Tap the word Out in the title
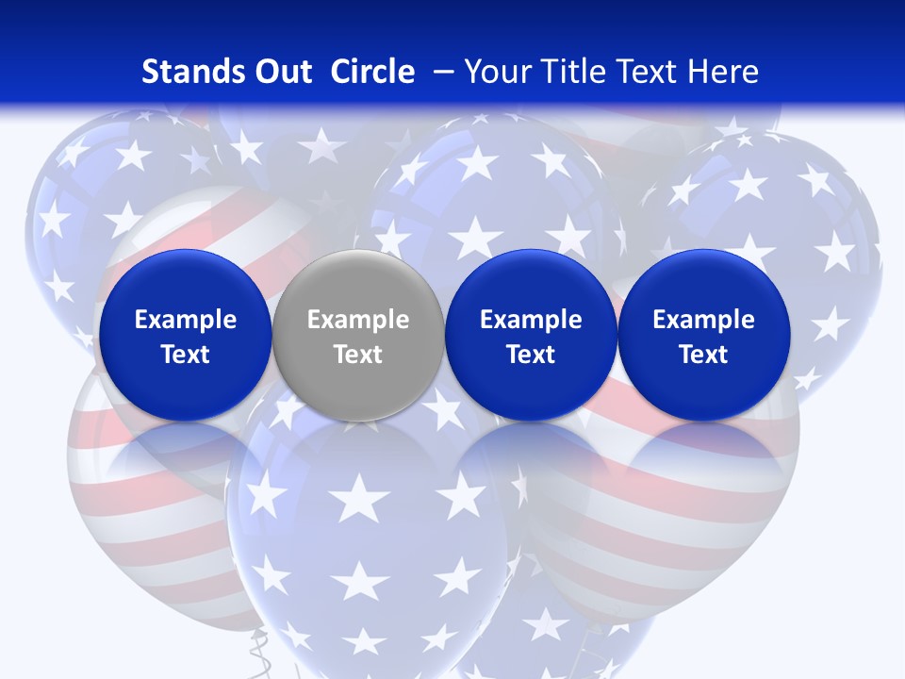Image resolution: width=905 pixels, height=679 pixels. point(280,72)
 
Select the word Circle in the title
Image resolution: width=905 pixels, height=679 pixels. point(372,72)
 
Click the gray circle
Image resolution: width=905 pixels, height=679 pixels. point(358,283)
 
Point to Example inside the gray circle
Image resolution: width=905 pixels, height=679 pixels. point(358,320)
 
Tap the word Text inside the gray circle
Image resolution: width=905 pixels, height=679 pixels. point(358,355)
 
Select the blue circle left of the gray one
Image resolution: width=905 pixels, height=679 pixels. point(185,283)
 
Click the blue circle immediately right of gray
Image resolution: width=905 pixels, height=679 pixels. point(531,283)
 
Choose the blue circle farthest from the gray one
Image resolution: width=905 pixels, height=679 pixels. point(704,283)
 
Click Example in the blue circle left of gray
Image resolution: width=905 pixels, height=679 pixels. point(185,320)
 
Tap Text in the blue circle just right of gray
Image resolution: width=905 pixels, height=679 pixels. point(531,355)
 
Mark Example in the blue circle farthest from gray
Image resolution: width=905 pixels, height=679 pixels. point(704,320)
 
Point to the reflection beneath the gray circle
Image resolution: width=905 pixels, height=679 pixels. point(358,443)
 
